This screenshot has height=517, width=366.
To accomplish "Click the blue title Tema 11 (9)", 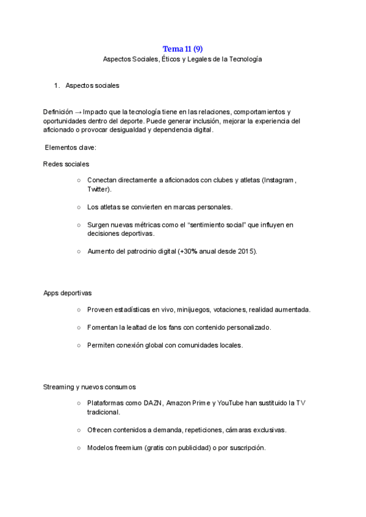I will pyautogui.click(x=183, y=49).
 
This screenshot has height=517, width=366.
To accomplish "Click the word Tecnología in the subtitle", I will pyautogui.click(x=246, y=59).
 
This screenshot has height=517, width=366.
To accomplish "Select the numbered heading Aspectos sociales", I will pyautogui.click(x=92, y=86).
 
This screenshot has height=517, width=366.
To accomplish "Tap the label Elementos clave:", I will pyautogui.click(x=71, y=148).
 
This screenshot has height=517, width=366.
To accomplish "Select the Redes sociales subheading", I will pyautogui.click(x=66, y=165).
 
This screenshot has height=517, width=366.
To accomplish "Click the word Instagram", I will pyautogui.click(x=279, y=181).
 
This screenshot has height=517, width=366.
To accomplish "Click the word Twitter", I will pyautogui.click(x=98, y=190).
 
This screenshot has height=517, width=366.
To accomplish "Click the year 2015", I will pyautogui.click(x=246, y=251).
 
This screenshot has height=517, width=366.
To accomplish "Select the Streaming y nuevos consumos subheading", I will pyautogui.click(x=90, y=387).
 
